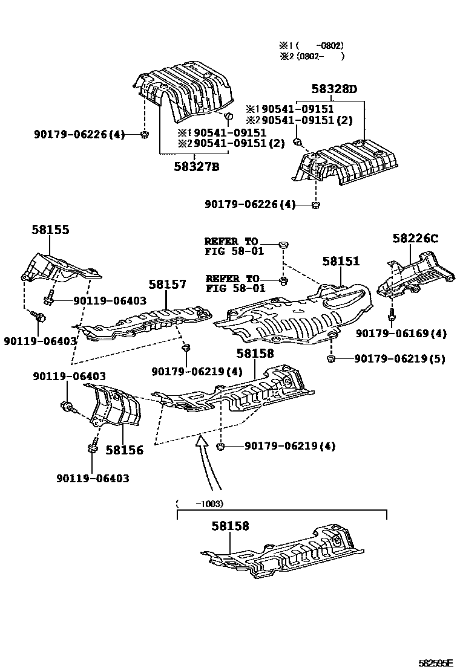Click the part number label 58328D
tap(335, 89)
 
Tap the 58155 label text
tap(50, 230)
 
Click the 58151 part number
tap(341, 261)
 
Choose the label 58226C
tap(415, 239)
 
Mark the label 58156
tap(125, 450)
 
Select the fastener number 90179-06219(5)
tap(399, 359)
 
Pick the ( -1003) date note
tap(199, 503)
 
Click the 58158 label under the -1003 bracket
tap(230, 526)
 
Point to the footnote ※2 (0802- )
tap(312, 56)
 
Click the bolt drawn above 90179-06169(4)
tap(392, 314)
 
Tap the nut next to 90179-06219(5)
tap(331, 360)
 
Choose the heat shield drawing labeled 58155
tap(57, 270)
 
